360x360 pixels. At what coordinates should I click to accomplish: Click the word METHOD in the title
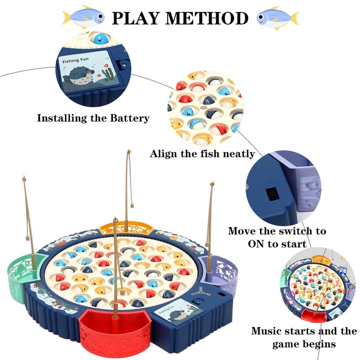[210, 18]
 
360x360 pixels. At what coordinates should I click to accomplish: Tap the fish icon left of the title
[84, 17]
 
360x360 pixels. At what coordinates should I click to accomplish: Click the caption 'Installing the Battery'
[93, 119]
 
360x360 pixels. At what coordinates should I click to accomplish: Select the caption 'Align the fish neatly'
[202, 154]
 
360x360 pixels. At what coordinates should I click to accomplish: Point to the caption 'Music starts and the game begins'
[304, 337]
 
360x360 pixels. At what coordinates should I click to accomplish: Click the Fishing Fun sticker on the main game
[171, 314]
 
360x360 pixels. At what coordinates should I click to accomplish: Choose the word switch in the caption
[288, 231]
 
